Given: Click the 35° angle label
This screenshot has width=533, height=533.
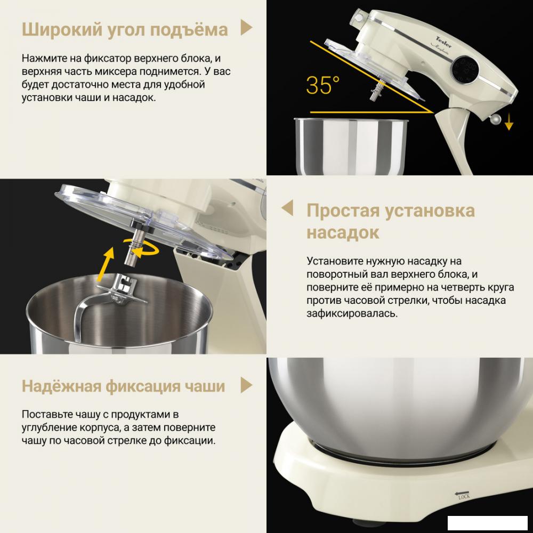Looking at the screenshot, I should coord(322,85).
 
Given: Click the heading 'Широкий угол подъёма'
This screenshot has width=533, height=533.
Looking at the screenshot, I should coord(125,29).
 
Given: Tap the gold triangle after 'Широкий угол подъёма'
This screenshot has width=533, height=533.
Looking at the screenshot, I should coord(246,28).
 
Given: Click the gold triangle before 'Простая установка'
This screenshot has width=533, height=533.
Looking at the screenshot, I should coord(287,208).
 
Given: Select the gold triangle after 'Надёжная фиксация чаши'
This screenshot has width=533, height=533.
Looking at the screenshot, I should coord(246,385).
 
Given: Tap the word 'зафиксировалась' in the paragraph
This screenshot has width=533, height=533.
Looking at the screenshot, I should coord(352,314).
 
